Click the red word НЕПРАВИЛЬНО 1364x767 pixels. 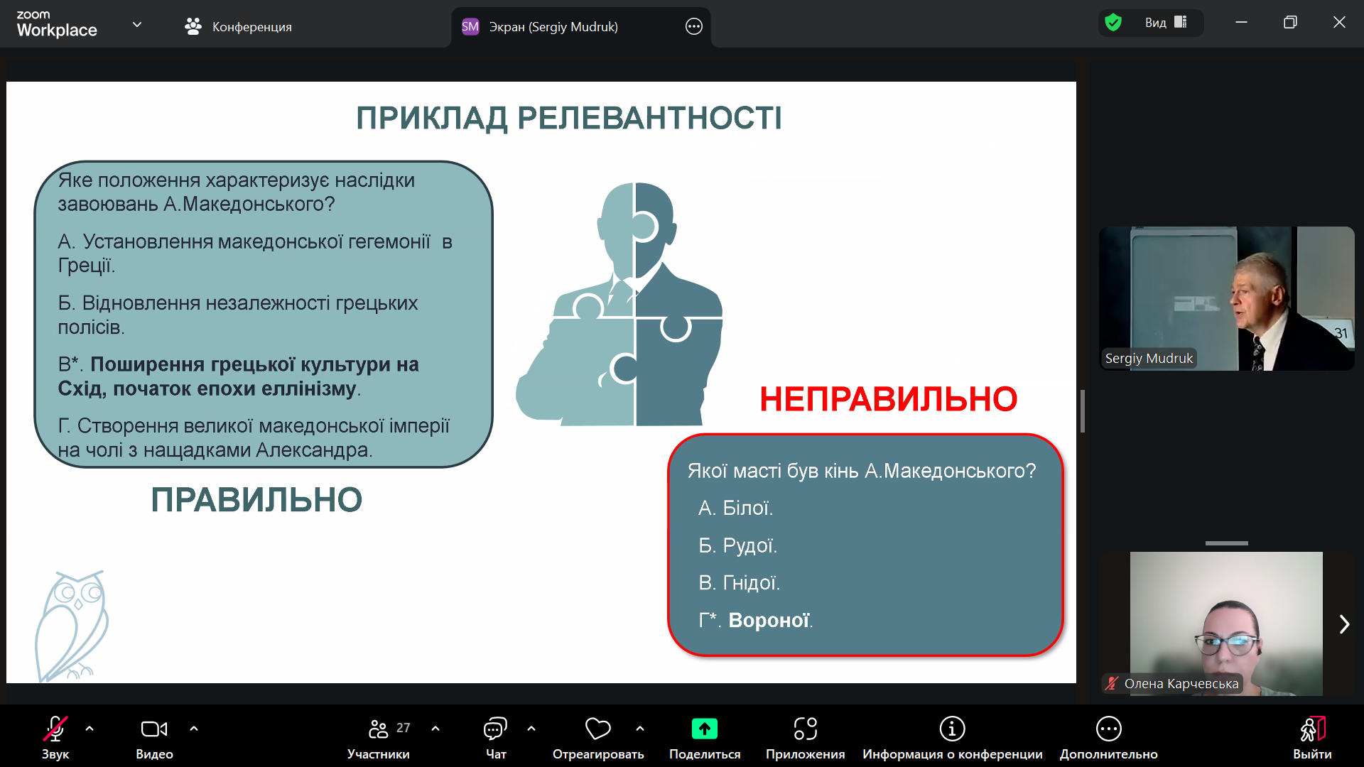888,399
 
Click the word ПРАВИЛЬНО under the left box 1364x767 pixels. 256,500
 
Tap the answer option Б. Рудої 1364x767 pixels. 737,545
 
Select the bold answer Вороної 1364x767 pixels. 769,620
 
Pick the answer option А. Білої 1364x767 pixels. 735,508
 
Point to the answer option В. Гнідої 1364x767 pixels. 739,582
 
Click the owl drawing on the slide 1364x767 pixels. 72,626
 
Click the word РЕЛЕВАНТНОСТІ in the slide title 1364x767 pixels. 649,118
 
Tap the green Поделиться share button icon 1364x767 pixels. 704,729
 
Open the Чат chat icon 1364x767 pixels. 495,729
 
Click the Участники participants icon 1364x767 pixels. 378,729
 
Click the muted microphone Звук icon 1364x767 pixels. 55,729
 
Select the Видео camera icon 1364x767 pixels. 154,729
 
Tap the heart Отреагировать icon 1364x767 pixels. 597,729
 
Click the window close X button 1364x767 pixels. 1339,22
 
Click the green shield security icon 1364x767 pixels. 1113,23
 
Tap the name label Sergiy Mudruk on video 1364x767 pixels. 1149,359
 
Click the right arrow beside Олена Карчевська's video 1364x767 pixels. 1344,624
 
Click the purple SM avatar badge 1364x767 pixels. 470,27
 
